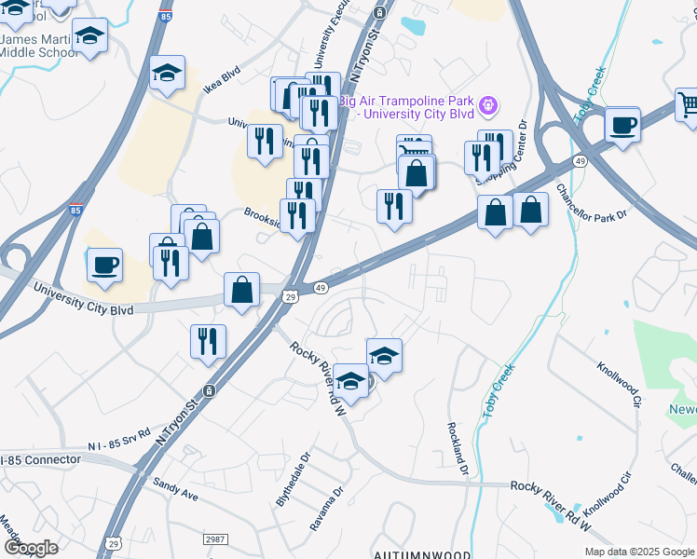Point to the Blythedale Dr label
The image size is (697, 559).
[292, 484]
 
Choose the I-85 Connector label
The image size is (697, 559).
[42, 460]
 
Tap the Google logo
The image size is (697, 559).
[30, 548]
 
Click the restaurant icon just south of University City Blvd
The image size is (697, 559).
[208, 341]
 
